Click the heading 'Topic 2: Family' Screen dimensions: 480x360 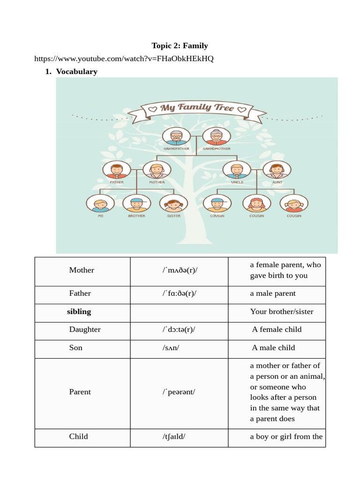click(x=180, y=45)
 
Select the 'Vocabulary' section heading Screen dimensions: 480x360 click(x=76, y=72)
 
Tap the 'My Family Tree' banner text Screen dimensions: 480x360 click(x=197, y=108)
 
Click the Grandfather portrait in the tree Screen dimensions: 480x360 click(x=176, y=136)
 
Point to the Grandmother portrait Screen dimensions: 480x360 click(x=217, y=136)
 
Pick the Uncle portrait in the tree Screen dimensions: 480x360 click(x=237, y=170)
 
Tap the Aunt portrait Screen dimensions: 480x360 click(x=277, y=170)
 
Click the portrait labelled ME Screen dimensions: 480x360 click(x=100, y=203)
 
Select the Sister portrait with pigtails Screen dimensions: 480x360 click(x=173, y=203)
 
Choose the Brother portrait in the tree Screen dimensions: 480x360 click(x=136, y=203)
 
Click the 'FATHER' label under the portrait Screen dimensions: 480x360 click(x=117, y=182)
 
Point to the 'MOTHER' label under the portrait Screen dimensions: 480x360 click(x=157, y=182)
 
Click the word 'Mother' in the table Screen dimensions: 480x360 click(x=82, y=270)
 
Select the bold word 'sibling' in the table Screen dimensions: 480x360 click(x=79, y=312)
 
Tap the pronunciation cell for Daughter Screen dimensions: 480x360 click(x=179, y=330)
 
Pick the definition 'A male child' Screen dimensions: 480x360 click(x=273, y=348)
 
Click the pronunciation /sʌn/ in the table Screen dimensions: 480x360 click(x=171, y=348)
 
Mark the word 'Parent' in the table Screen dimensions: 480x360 click(x=80, y=392)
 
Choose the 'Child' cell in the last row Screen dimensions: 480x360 click(x=79, y=436)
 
